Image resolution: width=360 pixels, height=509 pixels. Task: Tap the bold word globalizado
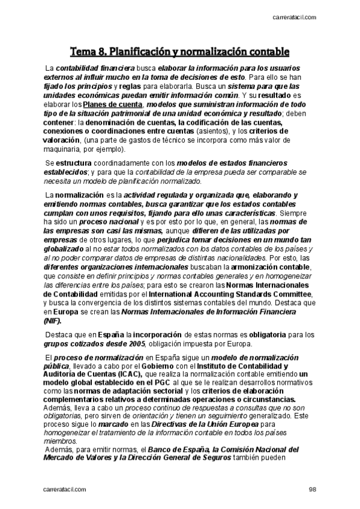(66, 248)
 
